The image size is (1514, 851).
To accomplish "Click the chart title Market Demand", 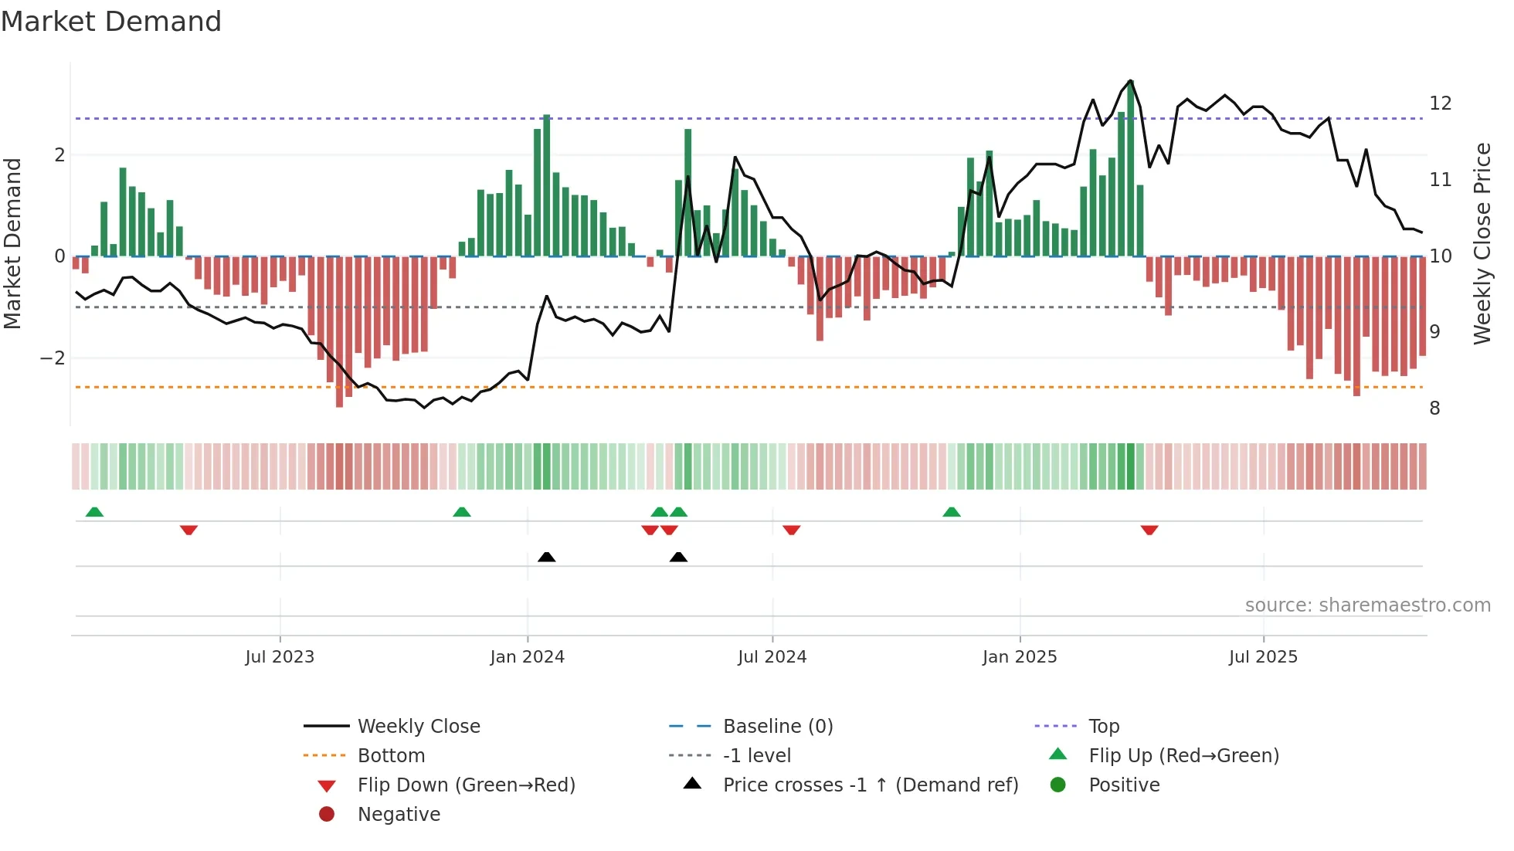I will pyautogui.click(x=111, y=22).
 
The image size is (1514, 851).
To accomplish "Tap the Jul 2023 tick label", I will pyautogui.click(x=280, y=657).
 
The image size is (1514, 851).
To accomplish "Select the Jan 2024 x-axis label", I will pyautogui.click(x=527, y=657).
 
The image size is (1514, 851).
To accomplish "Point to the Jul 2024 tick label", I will pyautogui.click(x=772, y=657).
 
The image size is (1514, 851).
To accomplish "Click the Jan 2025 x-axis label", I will pyautogui.click(x=1019, y=657).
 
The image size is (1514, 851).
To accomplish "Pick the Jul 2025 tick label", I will pyautogui.click(x=1263, y=657).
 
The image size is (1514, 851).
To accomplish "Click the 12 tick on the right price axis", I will pyautogui.click(x=1440, y=103).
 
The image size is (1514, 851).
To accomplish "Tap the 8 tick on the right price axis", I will pyautogui.click(x=1434, y=409).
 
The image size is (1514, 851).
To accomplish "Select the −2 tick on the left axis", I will pyautogui.click(x=53, y=358).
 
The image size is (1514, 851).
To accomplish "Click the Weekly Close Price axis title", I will pyautogui.click(x=1482, y=243).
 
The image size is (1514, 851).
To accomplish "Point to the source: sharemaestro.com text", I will pyautogui.click(x=1367, y=605).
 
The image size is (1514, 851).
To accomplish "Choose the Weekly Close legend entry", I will pyautogui.click(x=418, y=727).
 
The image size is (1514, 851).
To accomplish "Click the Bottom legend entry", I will pyautogui.click(x=391, y=756).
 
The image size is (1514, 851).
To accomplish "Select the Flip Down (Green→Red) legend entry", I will pyautogui.click(x=466, y=785).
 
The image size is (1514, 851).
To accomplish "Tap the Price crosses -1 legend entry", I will pyautogui.click(x=870, y=785).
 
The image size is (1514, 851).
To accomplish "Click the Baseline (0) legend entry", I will pyautogui.click(x=777, y=727).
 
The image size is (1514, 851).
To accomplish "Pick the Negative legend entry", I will pyautogui.click(x=399, y=815).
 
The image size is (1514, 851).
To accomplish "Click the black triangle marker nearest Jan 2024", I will pyautogui.click(x=546, y=557).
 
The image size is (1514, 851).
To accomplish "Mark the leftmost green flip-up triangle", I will pyautogui.click(x=94, y=512).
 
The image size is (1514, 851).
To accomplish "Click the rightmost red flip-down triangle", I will pyautogui.click(x=1149, y=530).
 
